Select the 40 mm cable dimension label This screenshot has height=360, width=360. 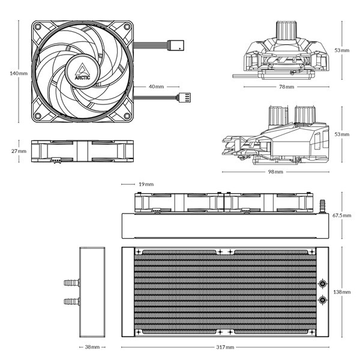155,86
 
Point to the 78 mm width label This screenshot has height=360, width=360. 286,87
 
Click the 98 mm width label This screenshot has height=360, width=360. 275,172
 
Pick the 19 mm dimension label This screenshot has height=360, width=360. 145,184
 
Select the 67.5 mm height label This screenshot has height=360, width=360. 342,215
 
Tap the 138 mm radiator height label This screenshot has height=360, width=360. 342,292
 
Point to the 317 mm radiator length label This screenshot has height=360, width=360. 226,347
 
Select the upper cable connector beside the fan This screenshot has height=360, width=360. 178,44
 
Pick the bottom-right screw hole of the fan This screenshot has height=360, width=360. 127,115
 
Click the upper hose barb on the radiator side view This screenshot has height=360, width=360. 71,282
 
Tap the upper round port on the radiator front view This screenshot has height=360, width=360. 323,283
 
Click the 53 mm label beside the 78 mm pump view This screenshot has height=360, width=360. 343,50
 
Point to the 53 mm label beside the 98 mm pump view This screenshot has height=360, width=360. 343,134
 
